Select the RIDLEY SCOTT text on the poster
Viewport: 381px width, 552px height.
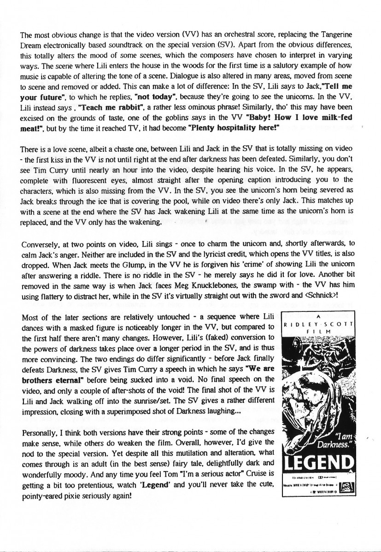click(x=319, y=325)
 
